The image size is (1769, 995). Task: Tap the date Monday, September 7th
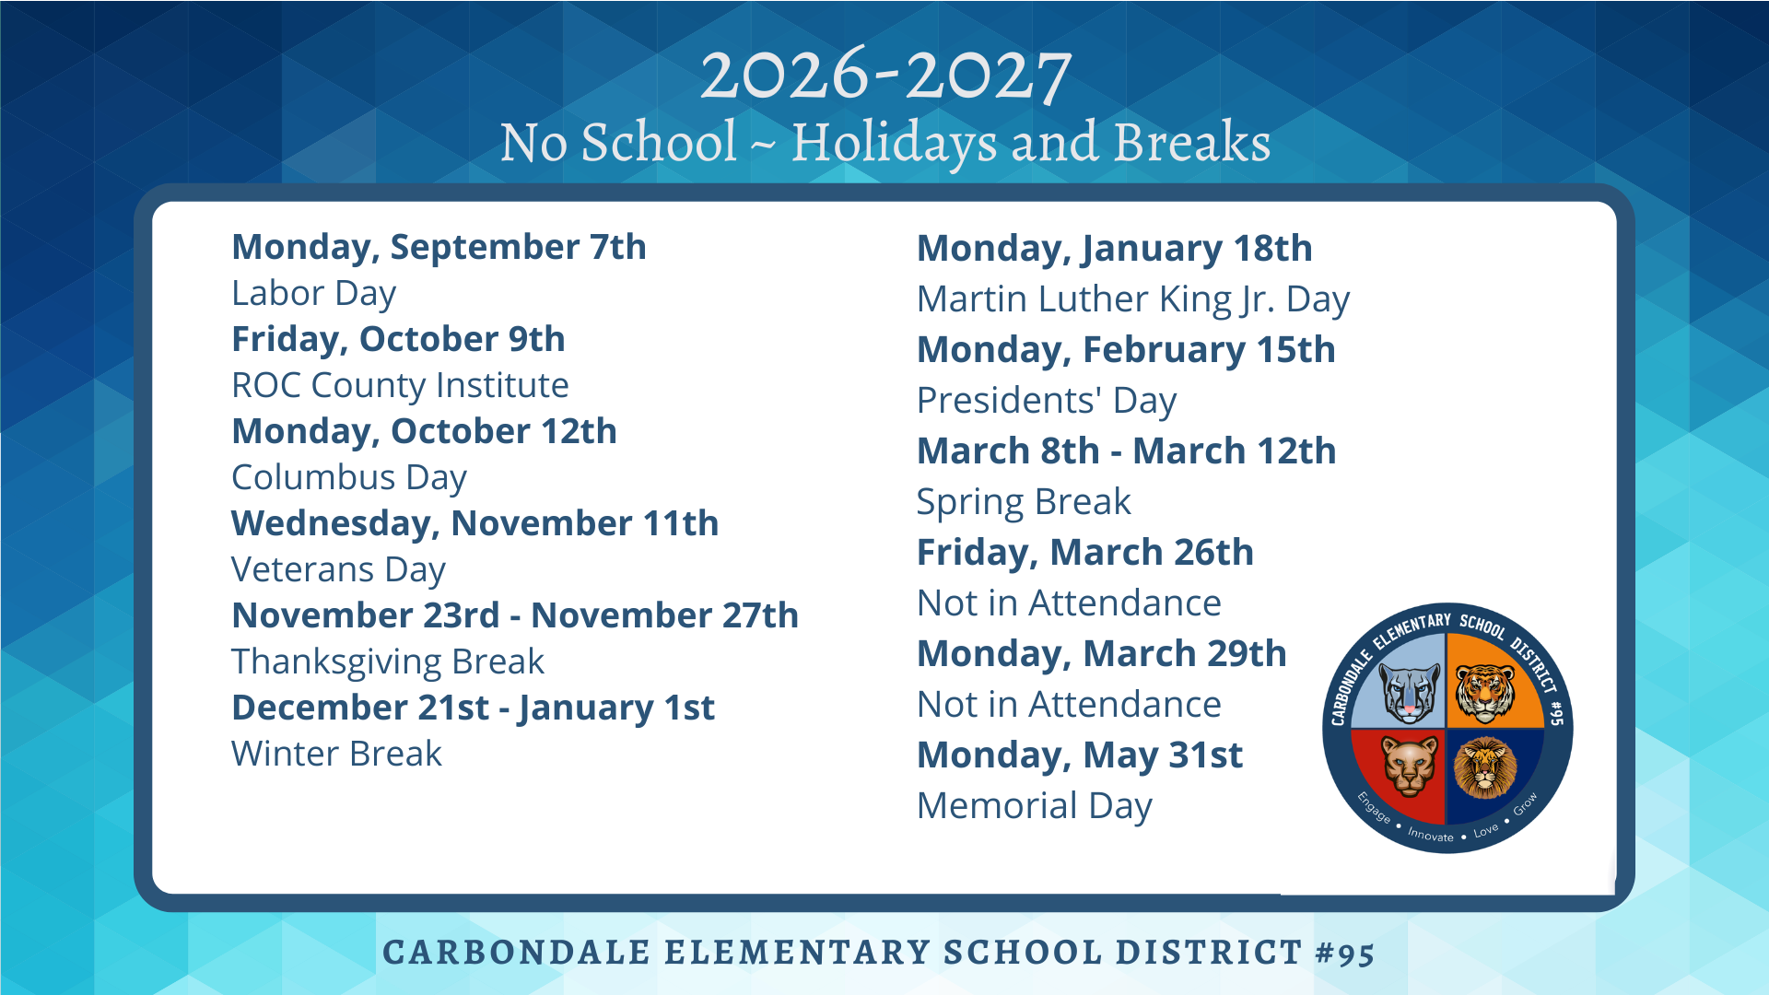click(439, 247)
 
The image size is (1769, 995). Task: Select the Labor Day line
click(313, 293)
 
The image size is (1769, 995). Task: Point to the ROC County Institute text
click(400, 385)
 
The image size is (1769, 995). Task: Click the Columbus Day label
click(349, 477)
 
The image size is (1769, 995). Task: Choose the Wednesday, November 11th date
click(474, 523)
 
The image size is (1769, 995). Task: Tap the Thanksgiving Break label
click(388, 661)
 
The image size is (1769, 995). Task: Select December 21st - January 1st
click(473, 708)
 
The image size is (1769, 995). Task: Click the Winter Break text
click(336, 754)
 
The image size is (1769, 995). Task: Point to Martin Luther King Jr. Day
click(1133, 299)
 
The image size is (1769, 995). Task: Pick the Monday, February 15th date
click(1126, 350)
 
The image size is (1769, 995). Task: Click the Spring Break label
click(1024, 502)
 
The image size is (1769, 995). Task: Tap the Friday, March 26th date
click(1085, 553)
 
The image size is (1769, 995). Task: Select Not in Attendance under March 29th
click(1069, 705)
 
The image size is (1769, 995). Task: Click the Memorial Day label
click(1035, 806)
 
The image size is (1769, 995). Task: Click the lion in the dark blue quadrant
click(1484, 767)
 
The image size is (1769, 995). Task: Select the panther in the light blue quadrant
click(1410, 693)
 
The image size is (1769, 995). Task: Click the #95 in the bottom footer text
click(1345, 953)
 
